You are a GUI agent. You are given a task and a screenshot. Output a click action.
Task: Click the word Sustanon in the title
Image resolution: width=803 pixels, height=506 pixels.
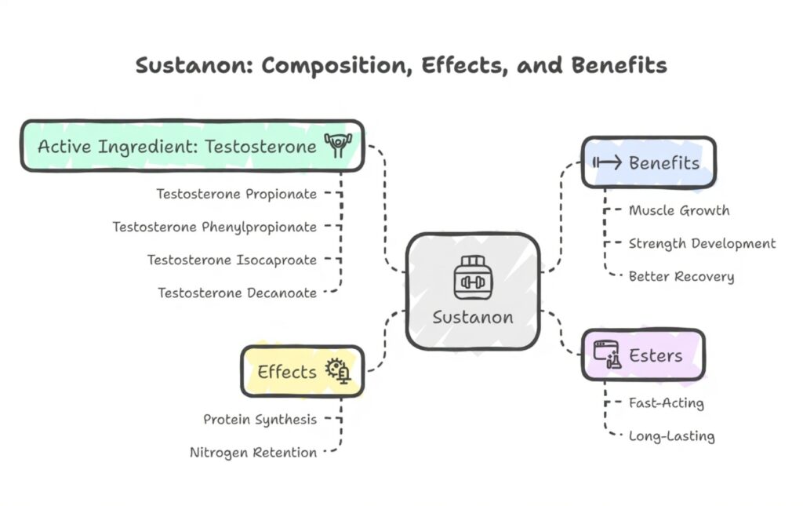pos(191,65)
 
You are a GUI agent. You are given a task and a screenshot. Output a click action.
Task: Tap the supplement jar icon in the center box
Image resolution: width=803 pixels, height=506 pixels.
pos(472,277)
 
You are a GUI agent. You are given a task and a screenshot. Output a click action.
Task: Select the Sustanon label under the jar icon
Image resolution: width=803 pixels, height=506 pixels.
pos(473,317)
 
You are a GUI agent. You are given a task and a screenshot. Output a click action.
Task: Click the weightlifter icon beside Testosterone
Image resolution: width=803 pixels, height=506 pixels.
pos(338,146)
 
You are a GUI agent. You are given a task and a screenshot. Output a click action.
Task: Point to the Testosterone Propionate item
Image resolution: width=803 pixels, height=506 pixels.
pos(236,194)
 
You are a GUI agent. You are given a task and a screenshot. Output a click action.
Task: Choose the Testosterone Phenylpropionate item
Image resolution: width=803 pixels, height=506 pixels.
pos(214,227)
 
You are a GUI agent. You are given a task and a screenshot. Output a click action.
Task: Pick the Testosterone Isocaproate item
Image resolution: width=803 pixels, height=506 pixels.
pos(231,260)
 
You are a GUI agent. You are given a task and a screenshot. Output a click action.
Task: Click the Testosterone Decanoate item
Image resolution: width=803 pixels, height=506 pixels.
pos(237,293)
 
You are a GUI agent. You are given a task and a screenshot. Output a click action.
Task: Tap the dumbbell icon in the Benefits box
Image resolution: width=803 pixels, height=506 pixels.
pos(607,162)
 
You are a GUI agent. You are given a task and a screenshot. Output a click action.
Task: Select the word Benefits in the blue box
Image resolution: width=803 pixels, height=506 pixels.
pos(663,163)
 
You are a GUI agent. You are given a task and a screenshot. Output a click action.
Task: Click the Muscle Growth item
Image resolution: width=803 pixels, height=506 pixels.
pos(678,210)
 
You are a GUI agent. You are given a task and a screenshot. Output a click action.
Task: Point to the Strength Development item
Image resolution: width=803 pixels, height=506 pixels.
pos(702,243)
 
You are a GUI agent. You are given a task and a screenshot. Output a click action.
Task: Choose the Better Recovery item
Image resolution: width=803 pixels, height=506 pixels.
pos(681,276)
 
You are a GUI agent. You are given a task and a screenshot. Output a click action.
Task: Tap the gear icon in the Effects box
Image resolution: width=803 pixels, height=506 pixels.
pos(339,370)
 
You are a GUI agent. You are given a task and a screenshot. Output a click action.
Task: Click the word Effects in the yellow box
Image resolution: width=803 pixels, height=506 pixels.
pos(287,372)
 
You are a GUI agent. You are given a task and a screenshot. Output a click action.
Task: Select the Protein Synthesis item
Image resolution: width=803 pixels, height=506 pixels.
pos(260,419)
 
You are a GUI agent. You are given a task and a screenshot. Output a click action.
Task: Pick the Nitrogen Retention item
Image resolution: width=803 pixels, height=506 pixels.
pos(253,452)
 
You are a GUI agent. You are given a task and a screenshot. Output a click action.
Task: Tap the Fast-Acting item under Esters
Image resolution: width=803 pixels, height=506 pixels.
pos(666,403)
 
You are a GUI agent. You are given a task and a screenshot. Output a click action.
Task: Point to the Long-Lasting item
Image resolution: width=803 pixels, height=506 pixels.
pos(671,436)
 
